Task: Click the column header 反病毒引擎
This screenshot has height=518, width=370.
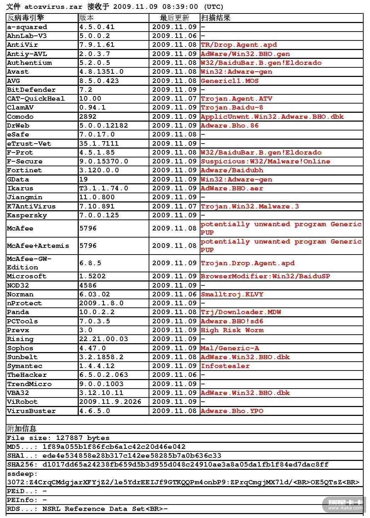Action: (x=26, y=18)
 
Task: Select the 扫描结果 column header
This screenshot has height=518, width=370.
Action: (x=216, y=18)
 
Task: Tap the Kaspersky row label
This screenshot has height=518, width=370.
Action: (x=27, y=215)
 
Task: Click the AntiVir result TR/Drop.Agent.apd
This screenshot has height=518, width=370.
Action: (x=239, y=45)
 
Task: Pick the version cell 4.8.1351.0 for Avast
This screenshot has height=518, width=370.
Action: (x=101, y=72)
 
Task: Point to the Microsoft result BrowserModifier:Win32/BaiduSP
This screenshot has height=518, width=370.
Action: (x=265, y=276)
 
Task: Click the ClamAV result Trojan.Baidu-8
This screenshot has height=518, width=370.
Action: (x=232, y=107)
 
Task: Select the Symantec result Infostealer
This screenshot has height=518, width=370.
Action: (x=225, y=366)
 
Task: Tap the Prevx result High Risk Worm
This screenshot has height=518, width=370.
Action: (x=232, y=330)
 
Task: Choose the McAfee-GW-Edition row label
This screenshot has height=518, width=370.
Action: (x=29, y=263)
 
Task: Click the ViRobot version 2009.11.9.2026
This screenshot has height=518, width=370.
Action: (x=110, y=402)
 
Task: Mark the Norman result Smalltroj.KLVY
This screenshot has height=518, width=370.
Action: (x=232, y=294)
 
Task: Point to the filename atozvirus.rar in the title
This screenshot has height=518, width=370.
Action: (x=53, y=7)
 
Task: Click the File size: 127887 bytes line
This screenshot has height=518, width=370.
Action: (x=58, y=438)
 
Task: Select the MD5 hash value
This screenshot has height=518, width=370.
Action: (x=114, y=447)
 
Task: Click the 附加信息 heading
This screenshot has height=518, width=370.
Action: (x=22, y=429)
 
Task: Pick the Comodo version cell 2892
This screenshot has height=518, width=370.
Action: (x=88, y=117)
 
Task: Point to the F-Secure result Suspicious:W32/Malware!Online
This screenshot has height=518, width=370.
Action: (x=265, y=161)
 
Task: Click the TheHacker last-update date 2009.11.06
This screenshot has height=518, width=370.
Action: (x=174, y=375)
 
